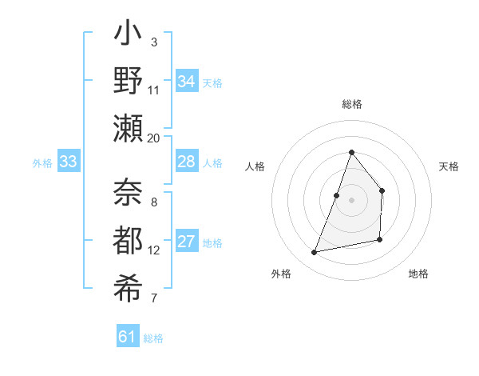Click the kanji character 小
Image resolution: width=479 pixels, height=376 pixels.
coord(129,37)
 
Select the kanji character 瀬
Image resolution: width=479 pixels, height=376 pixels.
coord(129,128)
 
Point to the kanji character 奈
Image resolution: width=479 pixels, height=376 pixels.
coord(129,192)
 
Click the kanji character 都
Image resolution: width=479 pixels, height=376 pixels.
coord(129,239)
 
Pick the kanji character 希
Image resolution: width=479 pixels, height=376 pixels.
coord(129,286)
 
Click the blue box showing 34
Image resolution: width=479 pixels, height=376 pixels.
coord(187,81)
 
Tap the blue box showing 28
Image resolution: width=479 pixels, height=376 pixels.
coord(187,162)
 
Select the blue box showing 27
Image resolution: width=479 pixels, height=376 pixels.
coord(187,242)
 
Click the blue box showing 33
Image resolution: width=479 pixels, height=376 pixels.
coord(69,162)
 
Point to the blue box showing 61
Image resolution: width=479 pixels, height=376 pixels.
coord(128,337)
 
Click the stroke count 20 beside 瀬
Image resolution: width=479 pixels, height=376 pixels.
coord(154,138)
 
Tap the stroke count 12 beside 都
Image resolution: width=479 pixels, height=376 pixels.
coord(154,250)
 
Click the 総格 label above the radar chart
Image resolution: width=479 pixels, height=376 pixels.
coord(351,104)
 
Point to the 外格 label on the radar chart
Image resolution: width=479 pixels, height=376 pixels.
coord(281,274)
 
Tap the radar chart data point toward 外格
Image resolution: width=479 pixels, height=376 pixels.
coord(315,253)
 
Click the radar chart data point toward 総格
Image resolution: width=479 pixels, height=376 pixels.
coord(351,153)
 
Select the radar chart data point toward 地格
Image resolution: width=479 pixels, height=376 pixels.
coord(380,240)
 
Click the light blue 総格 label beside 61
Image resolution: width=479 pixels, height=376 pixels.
coord(153,338)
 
